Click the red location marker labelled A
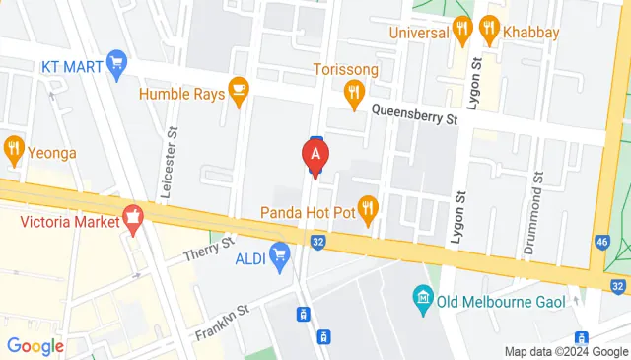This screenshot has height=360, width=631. coord(315,155)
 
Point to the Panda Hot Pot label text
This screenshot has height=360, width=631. coord(307,212)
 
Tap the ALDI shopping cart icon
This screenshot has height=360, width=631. coord(280,255)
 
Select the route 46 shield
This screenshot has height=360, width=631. coord(602,242)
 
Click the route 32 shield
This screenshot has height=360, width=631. coord(317,240)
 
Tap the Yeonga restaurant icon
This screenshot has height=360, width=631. coord(13,151)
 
